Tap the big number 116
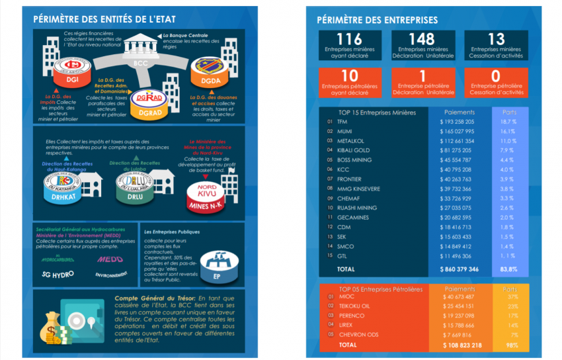[x=349, y=40]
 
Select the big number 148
[x=422, y=40]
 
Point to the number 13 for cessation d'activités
[x=495, y=40]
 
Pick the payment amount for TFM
[x=457, y=122]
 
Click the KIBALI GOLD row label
[x=354, y=150]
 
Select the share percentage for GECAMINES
[x=507, y=218]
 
